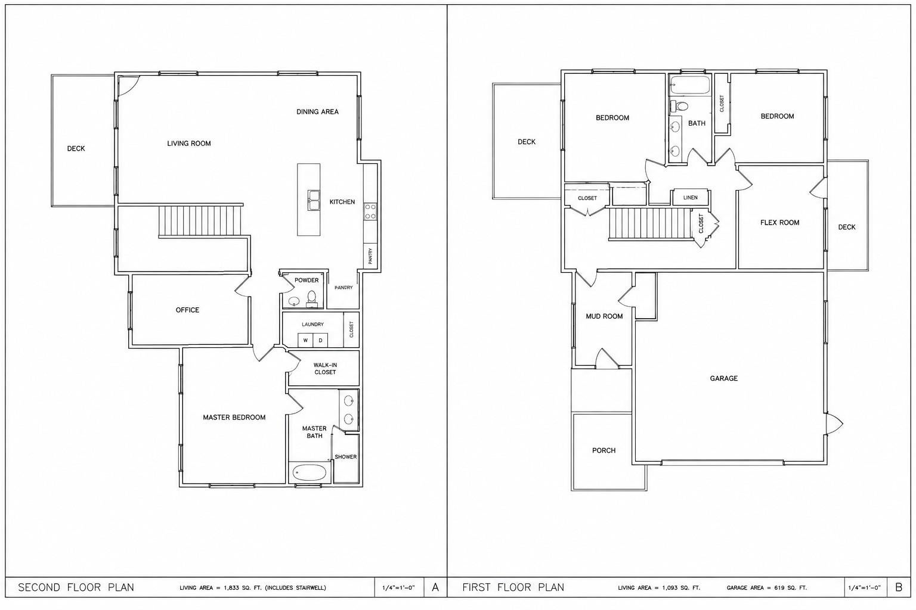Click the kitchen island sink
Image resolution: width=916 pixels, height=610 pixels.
tap(314, 200)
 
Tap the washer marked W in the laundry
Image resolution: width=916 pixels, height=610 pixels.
tap(305, 340)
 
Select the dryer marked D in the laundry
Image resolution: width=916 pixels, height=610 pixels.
tap(321, 340)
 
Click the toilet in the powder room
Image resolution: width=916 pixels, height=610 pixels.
tap(312, 298)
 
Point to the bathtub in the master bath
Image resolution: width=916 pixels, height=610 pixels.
tap(310, 473)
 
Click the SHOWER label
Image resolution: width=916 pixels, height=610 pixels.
tap(345, 457)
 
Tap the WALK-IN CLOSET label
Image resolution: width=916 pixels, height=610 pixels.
tap(325, 369)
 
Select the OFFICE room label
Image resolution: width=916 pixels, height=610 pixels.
tap(187, 310)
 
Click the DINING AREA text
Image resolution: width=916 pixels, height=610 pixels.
tap(317, 111)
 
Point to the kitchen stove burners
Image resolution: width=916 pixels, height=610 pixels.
tap(370, 212)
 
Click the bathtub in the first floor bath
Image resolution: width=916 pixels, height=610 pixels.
tap(690, 85)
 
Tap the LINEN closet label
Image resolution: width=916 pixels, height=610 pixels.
tap(690, 197)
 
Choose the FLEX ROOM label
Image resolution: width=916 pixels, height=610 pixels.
tap(779, 223)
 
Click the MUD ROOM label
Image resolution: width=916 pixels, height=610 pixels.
tap(604, 316)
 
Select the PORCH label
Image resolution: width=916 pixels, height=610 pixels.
tap(604, 450)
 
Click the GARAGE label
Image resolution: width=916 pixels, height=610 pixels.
tap(723, 378)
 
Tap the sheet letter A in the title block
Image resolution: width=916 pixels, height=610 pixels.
tap(435, 587)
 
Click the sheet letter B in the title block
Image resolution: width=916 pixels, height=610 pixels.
tap(899, 587)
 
